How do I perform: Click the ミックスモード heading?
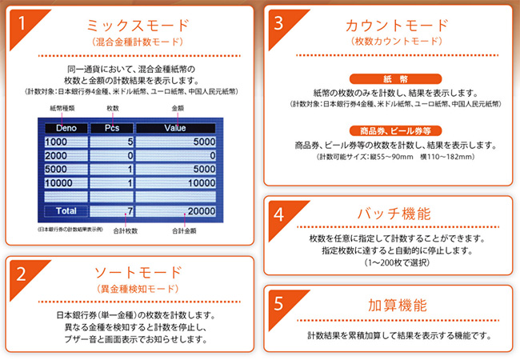[x=138, y=25]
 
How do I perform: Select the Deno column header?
[x=66, y=128]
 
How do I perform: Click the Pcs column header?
[x=112, y=128]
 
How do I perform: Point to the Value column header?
[x=175, y=128]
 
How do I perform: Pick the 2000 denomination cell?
[x=66, y=155]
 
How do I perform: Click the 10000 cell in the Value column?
[x=175, y=183]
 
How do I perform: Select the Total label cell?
[x=66, y=211]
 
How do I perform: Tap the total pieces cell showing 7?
[x=112, y=211]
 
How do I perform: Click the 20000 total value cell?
[x=175, y=211]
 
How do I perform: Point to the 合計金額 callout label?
[x=184, y=230]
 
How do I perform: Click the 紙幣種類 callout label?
[x=62, y=108]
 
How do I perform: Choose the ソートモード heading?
[x=138, y=273]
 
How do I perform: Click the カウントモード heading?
[x=397, y=25]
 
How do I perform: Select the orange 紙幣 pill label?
[x=395, y=79]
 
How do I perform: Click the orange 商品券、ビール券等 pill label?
[x=395, y=131]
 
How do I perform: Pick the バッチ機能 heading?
[x=394, y=214]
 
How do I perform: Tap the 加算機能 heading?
[x=398, y=305]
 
